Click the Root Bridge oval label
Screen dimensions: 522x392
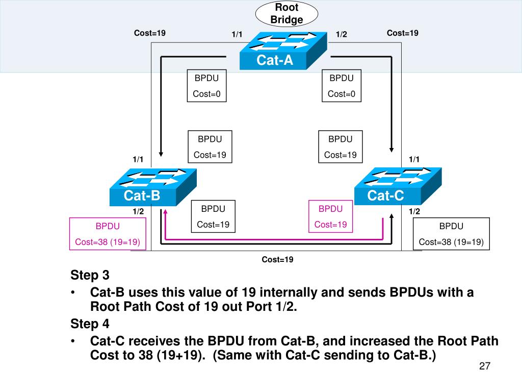(x=286, y=14)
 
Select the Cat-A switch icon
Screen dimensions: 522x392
(x=283, y=51)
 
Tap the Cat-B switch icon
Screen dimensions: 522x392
(x=153, y=187)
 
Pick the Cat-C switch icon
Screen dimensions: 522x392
(x=398, y=186)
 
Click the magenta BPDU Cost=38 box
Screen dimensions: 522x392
(x=108, y=234)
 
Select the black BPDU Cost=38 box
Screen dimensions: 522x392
(x=451, y=234)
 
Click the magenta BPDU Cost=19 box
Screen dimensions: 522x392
(x=330, y=216)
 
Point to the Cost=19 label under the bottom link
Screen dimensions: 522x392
(x=277, y=260)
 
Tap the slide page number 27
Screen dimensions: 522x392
(x=485, y=366)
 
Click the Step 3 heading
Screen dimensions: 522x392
(x=90, y=275)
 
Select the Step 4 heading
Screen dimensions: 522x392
(x=90, y=324)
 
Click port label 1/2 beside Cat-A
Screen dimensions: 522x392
(x=341, y=34)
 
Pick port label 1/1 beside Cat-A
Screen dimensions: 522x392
(x=237, y=34)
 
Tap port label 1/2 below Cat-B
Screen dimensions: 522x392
(x=138, y=211)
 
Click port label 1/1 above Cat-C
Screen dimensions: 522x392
(x=414, y=159)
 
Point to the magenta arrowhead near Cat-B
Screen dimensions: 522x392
(x=165, y=211)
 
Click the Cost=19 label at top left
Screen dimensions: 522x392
(x=150, y=33)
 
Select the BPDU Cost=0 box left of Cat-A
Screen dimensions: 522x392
(x=207, y=86)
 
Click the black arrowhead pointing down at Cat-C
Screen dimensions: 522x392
(x=391, y=150)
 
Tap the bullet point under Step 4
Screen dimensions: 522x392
(x=72, y=341)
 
